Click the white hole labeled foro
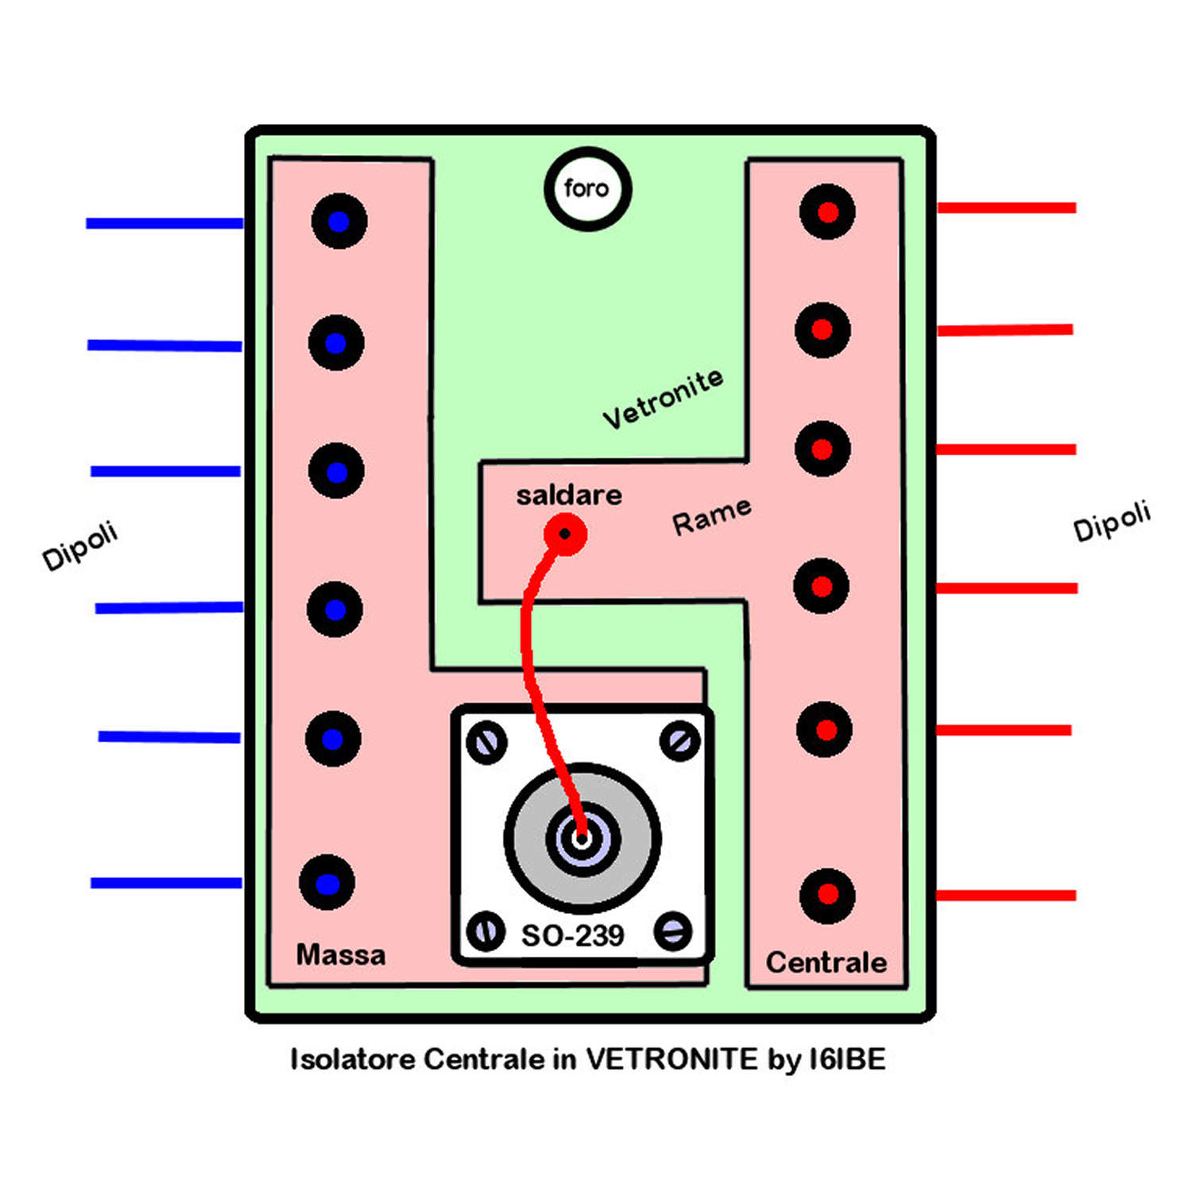pos(587,189)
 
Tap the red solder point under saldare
pos(565,534)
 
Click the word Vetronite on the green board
pos(663,398)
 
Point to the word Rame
pos(711,517)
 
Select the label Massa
pos(340,954)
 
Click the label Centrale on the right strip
pos(826,962)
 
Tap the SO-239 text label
pos(572,935)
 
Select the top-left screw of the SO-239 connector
pos(486,742)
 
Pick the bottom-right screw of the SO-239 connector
pos(673,931)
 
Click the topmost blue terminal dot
pos(339,222)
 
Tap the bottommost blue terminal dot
pos(327,883)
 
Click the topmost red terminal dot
pos(827,212)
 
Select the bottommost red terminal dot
pos(827,896)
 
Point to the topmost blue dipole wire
pos(164,223)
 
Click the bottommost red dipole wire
pos(1006,896)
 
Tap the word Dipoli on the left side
pos(79,545)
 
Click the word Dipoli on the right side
pos(1111,521)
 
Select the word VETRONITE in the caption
pos(671,1059)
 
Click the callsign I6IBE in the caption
pos(846,1059)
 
